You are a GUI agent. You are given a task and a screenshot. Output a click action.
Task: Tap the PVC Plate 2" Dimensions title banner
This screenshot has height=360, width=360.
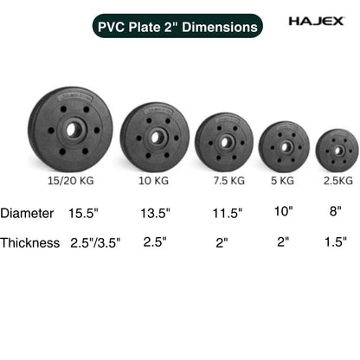[179, 27]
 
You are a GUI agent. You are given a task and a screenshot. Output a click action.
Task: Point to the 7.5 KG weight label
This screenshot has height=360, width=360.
[228, 182]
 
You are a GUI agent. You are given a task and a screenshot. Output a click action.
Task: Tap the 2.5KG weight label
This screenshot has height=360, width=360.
[338, 182]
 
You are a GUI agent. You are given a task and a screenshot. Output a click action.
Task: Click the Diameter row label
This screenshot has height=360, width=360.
[27, 213]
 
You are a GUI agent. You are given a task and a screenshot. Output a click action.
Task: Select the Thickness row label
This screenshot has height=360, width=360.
[30, 243]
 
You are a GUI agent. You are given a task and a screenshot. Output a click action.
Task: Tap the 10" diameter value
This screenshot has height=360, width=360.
[284, 211]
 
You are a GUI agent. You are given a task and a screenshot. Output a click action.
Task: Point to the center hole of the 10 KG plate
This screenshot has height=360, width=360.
[155, 137]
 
